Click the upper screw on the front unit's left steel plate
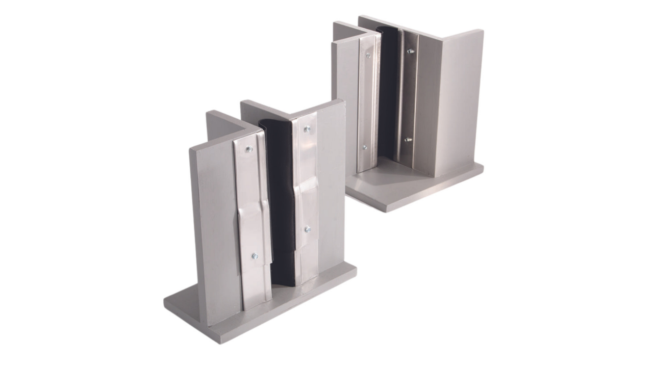click(x=248, y=149)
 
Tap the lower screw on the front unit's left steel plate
click(x=255, y=256)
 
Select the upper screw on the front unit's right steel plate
click(x=307, y=129)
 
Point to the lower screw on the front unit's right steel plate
click(x=307, y=229)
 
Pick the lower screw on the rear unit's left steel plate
click(x=364, y=147)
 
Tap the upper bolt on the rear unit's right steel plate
click(x=410, y=51)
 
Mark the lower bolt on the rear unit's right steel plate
click(x=408, y=139)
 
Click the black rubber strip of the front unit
click(x=280, y=204)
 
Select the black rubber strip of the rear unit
click(x=388, y=92)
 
